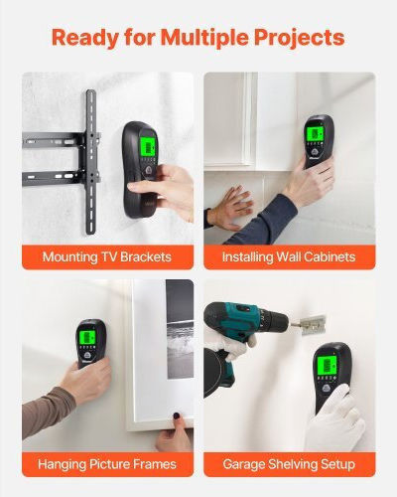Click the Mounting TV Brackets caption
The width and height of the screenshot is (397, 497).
(107, 257)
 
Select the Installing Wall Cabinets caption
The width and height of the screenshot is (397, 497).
(289, 257)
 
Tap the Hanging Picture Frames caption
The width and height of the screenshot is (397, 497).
(107, 464)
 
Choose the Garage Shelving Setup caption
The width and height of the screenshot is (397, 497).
(289, 464)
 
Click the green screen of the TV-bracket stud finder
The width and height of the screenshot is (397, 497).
(148, 145)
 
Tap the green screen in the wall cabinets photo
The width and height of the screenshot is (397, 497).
(315, 133)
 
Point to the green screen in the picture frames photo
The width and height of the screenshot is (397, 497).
(87, 337)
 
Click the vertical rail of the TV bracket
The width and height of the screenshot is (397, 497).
(91, 162)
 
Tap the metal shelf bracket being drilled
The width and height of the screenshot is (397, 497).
(313, 325)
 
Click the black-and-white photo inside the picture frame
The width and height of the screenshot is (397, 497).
(180, 329)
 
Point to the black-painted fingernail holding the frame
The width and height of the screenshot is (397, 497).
(177, 415)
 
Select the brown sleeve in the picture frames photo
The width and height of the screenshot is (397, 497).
(48, 411)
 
